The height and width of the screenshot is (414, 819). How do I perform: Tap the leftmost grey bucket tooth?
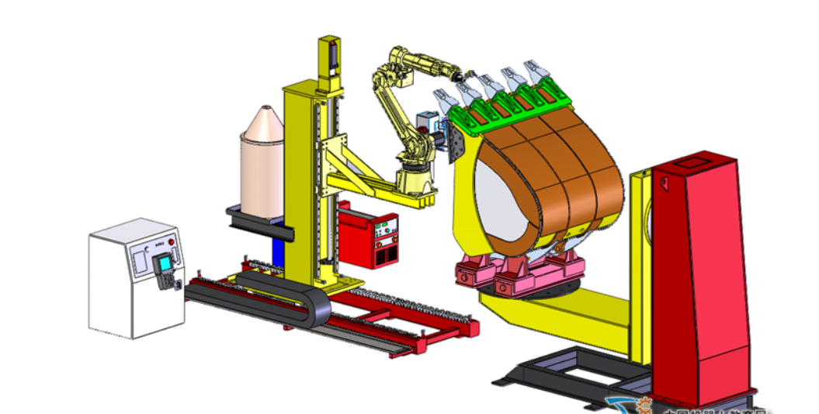(443, 102)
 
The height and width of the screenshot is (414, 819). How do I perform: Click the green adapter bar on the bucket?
(505, 109)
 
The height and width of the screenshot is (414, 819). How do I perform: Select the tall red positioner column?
(699, 280)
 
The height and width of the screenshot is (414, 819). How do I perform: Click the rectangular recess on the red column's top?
(689, 165)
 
